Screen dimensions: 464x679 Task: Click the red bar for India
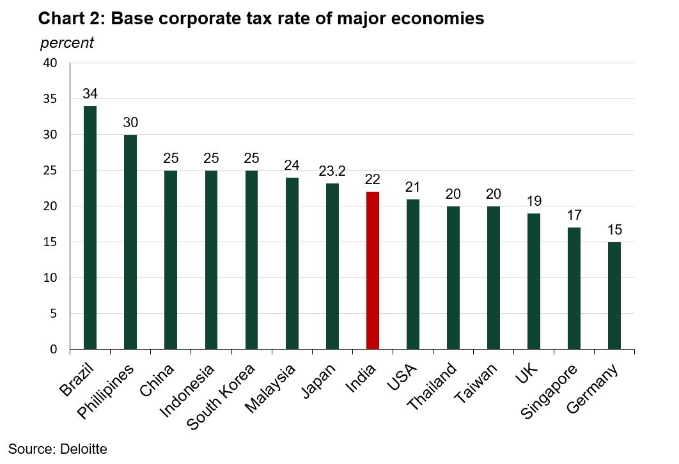[372, 270]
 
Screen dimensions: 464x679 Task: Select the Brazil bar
[90, 228]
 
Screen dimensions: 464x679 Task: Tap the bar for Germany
[614, 295]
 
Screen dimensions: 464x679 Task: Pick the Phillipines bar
[130, 242]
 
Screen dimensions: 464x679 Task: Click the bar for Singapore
[574, 288]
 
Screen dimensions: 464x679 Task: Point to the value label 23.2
[332, 171]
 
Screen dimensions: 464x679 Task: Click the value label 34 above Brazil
[90, 94]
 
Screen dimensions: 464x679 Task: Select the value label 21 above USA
[412, 187]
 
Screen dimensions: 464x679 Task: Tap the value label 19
[533, 201]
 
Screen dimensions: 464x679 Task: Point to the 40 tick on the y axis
[51, 63]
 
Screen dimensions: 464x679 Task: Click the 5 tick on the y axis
[54, 314]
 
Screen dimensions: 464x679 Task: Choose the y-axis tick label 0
[54, 350]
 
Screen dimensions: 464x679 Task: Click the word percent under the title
[66, 43]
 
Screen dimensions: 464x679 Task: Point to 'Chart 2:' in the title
[72, 19]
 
